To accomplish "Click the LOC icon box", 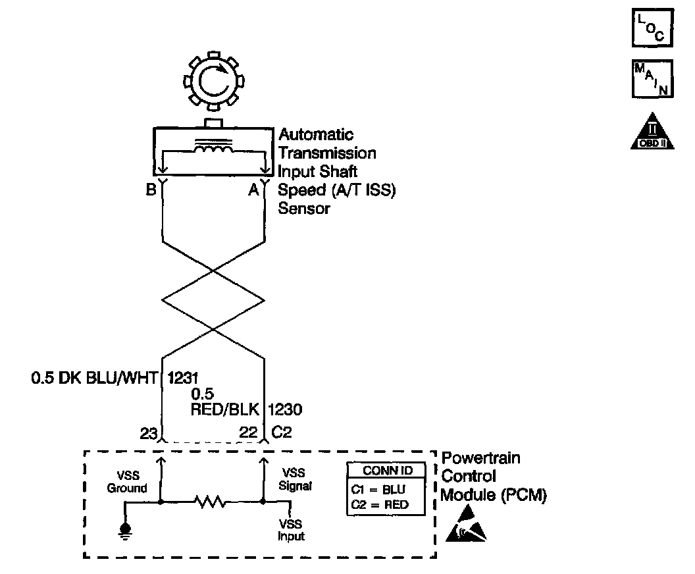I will [x=651, y=28].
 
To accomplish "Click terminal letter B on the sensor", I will [x=150, y=192].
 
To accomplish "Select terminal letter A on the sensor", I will [x=253, y=192].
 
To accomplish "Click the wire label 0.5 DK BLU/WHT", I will [x=95, y=378].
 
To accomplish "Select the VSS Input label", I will [x=290, y=530].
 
